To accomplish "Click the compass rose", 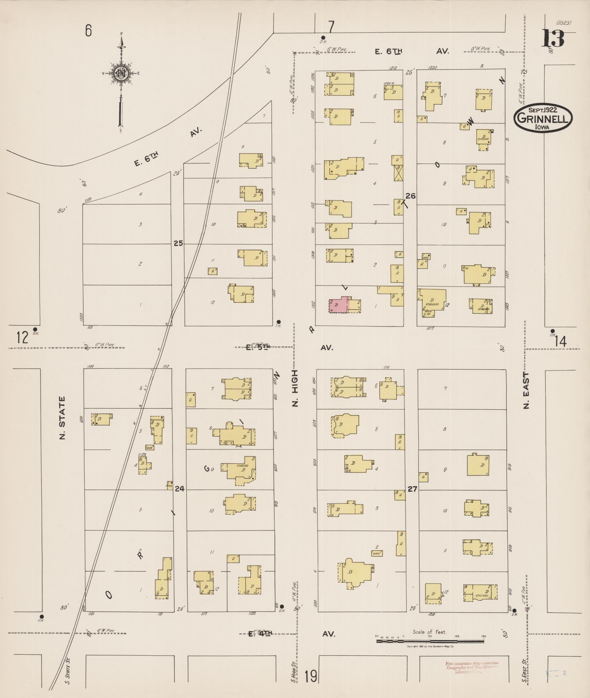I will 121,73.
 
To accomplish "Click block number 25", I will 178,243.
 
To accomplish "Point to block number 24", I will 180,488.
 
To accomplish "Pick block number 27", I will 412,489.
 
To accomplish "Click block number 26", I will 411,196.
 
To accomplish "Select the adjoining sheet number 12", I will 22,337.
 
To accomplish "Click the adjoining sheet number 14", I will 560,342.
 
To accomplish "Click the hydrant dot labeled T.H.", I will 279,321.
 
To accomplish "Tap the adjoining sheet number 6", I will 88,31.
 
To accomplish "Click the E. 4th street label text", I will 260,634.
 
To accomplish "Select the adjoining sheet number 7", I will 331,27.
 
